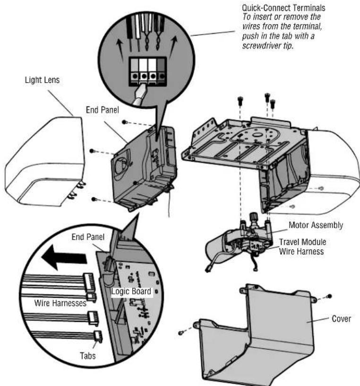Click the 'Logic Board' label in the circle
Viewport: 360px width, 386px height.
click(131, 292)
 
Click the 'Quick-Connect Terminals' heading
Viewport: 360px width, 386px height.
click(283, 8)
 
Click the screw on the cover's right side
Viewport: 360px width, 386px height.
click(329, 297)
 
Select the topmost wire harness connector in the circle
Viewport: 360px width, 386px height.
click(89, 278)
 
